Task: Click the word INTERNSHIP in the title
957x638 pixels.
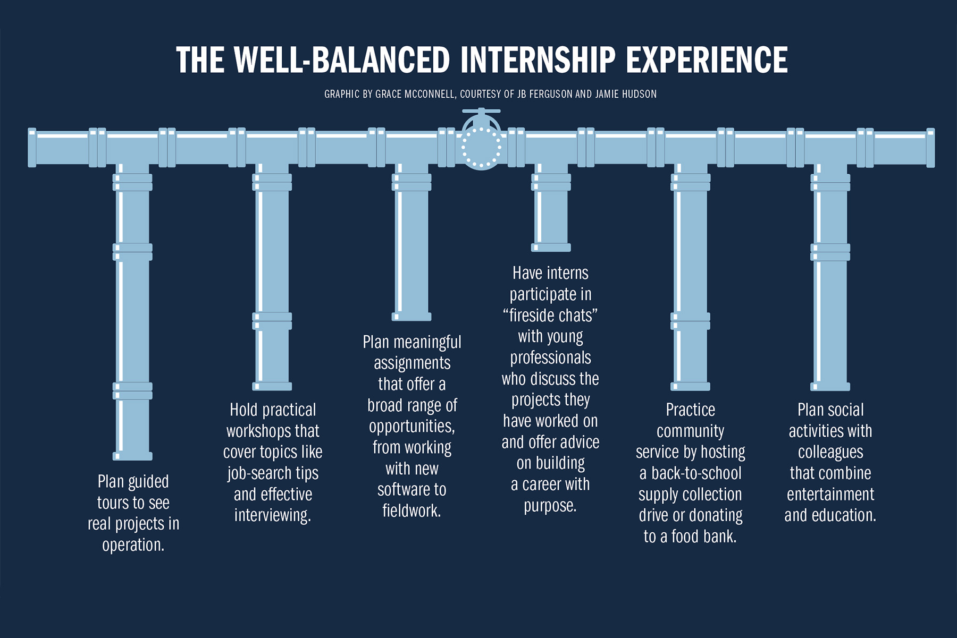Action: tap(538, 59)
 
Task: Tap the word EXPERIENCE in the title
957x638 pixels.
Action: tap(707, 59)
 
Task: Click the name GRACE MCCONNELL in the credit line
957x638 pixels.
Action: tap(415, 94)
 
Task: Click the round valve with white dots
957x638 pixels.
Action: tap(481, 147)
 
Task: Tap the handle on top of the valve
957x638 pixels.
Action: tap(481, 112)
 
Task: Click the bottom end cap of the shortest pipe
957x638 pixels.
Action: tap(551, 248)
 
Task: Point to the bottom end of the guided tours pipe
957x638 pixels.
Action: tap(132, 456)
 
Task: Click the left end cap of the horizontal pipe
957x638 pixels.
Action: tap(32, 148)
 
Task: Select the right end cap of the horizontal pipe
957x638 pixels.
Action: tap(930, 148)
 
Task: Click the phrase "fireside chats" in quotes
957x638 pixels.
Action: tap(550, 316)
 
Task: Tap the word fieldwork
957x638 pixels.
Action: tap(412, 511)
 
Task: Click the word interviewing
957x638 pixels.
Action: tap(273, 515)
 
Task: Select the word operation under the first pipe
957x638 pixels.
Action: tap(133, 546)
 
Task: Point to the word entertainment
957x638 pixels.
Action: tap(830, 495)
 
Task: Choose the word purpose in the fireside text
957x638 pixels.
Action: tap(550, 506)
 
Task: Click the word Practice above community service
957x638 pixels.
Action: tap(690, 410)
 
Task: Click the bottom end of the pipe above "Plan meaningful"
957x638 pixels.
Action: tap(412, 317)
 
